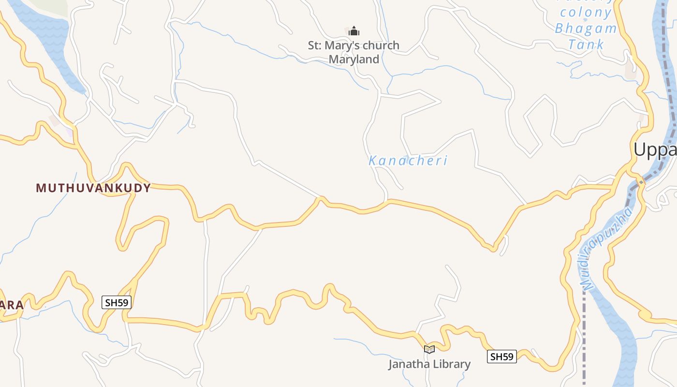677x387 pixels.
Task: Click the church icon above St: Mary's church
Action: pos(354,31)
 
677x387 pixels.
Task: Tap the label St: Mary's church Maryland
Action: pos(353,52)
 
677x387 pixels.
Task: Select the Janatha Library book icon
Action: pos(429,349)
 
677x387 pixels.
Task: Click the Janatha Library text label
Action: pos(429,364)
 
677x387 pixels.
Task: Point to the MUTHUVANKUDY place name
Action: pos(93,188)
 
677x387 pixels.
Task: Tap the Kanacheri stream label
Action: pos(408,161)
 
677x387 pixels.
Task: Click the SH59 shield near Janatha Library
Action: pos(501,357)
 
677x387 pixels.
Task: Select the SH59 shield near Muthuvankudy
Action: pos(117,303)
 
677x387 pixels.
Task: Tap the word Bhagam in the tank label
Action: pos(586,28)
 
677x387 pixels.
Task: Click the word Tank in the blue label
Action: pos(586,45)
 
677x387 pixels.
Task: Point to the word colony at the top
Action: pos(587,12)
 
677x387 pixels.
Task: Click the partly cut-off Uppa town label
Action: pos(655,150)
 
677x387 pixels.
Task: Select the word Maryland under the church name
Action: pos(353,60)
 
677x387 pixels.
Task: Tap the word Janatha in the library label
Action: pos(407,364)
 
